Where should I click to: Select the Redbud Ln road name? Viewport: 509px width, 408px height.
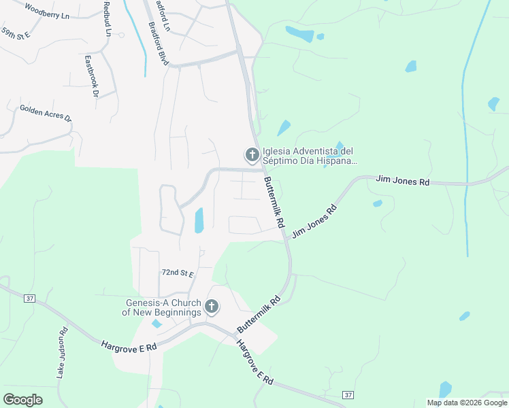(x=107, y=18)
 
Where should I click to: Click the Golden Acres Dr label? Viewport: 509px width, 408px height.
(x=45, y=112)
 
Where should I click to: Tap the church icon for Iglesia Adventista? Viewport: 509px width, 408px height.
(x=252, y=155)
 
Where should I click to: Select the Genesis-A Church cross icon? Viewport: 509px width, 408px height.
(x=211, y=307)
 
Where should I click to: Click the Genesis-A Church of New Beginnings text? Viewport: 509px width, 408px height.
(x=162, y=307)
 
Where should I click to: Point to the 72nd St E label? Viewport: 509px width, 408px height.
(x=178, y=273)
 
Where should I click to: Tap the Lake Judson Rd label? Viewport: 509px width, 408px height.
(x=62, y=353)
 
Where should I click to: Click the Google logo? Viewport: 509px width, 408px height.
(x=22, y=400)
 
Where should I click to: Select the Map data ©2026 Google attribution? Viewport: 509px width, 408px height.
(x=467, y=403)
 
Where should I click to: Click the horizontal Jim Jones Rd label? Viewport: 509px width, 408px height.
(x=404, y=182)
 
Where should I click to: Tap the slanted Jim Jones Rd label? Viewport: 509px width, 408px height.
(x=314, y=221)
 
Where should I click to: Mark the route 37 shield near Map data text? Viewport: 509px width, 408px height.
(x=348, y=395)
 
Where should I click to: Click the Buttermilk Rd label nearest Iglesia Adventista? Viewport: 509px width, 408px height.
(x=272, y=202)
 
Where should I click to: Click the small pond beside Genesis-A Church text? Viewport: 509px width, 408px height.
(x=157, y=324)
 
